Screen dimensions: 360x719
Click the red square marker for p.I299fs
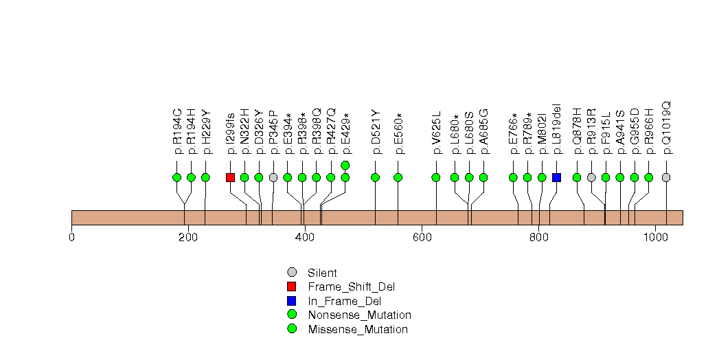pos(231,177)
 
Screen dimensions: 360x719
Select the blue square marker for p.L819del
pos(557,177)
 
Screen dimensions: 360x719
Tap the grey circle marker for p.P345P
pos(273,177)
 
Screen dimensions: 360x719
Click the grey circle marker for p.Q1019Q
pos(666,177)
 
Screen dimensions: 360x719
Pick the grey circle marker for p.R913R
pos(591,177)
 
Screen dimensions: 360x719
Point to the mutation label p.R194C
pos(177,130)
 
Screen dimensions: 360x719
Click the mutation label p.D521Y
pos(376,130)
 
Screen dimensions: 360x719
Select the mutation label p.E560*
pos(398,130)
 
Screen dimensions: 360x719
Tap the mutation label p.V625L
pos(436,131)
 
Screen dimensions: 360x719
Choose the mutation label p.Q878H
pos(577,130)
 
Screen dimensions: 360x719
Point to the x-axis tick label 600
pos(422,238)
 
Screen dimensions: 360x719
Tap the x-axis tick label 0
pos(71,238)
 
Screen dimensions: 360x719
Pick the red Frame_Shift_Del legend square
pos(292,286)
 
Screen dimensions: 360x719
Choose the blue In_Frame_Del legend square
pos(292,301)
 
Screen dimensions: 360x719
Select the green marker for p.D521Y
pos(376,177)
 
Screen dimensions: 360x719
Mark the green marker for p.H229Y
pos(205,177)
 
